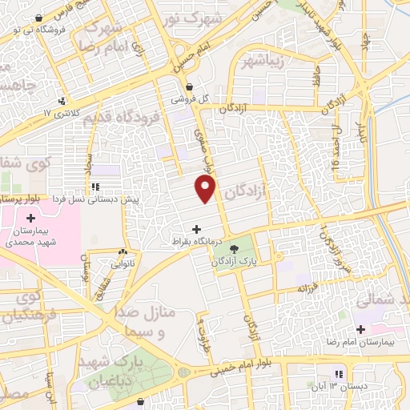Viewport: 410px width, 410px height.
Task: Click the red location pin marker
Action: point(206,189)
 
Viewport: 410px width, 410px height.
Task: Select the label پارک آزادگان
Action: point(233,262)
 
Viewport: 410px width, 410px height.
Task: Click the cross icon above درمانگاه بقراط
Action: point(197,230)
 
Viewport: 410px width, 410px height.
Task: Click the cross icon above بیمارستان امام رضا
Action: point(360,329)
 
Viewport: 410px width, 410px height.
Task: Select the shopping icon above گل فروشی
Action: point(189,88)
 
